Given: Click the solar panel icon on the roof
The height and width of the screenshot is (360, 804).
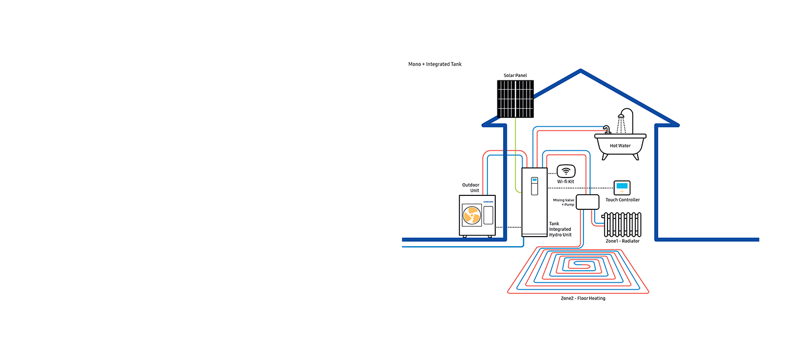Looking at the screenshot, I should point(515,99).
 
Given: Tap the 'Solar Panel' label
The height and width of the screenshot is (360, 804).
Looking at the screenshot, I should point(515,75).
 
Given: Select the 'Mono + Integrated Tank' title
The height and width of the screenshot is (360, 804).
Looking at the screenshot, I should point(435,64).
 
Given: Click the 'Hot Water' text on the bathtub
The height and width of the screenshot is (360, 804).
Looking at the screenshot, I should point(620,146).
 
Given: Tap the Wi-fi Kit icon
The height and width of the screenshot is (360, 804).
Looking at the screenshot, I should point(566,171).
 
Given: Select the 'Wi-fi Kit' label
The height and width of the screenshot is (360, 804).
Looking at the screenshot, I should point(566,181).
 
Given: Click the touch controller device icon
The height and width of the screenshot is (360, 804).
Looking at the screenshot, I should point(622,188).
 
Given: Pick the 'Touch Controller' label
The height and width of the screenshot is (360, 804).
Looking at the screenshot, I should point(623,200).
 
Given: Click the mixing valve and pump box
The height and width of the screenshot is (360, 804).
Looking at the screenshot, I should point(587,202).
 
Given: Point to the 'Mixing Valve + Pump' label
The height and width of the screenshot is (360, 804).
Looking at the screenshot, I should point(563,202).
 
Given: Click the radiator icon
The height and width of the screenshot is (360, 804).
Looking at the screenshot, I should point(621,224).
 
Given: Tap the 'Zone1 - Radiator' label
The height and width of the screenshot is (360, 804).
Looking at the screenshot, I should point(623,241).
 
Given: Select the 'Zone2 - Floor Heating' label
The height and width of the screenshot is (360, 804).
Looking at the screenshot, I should point(583,299).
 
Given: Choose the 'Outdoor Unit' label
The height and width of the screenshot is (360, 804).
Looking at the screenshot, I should point(471,188).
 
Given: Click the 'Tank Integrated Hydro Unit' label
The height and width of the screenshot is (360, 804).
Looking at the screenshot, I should point(561,229).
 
